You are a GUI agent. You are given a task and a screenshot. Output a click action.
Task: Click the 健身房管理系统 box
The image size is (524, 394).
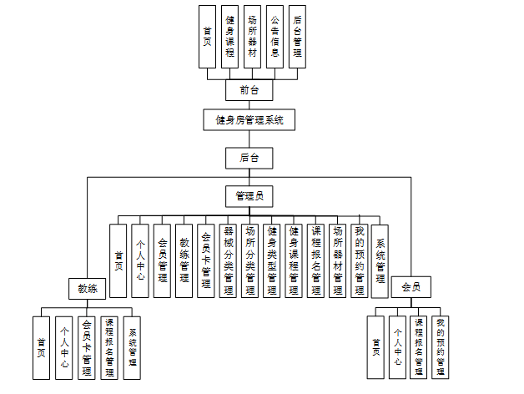point(249,120)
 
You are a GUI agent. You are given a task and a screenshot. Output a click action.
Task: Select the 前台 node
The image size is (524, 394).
point(249,89)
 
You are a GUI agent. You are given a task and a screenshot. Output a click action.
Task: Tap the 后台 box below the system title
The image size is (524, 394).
point(249,157)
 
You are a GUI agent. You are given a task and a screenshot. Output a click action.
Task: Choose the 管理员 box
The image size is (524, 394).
point(249,196)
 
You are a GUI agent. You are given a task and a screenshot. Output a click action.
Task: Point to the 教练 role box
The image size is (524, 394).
point(88,289)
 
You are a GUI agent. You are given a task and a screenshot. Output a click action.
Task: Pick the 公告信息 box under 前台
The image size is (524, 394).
point(275,37)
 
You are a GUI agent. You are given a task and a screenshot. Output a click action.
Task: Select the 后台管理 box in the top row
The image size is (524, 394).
point(297,37)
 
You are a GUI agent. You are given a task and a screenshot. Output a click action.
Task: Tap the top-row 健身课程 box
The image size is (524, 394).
point(229,37)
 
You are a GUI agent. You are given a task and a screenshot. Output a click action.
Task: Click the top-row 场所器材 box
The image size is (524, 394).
point(252,37)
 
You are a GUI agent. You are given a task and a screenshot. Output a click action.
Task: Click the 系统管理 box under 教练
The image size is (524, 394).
point(132,346)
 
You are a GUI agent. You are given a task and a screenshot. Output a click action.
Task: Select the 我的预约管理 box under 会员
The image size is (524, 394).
point(441,346)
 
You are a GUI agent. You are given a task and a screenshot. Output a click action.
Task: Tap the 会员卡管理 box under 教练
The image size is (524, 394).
point(86,346)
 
